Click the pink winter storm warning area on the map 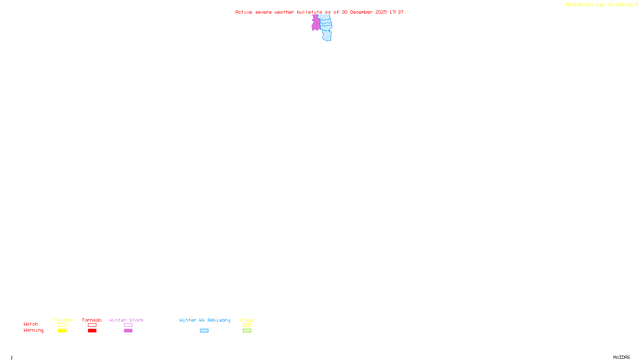tap(316, 24)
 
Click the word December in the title tap(361, 12)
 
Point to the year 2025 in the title tap(381, 12)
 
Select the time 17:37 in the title tap(396, 12)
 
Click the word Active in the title tap(244, 12)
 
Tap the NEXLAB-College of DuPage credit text tap(599, 5)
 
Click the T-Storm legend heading tap(62, 320)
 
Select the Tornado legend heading tap(92, 320)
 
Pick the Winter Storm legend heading tap(126, 320)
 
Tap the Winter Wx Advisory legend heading tap(205, 320)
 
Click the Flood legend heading tap(247, 320)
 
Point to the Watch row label tap(31, 324)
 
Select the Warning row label tap(33, 330)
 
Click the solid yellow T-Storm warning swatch tap(62, 331)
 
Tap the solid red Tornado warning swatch tap(92, 331)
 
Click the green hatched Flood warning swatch tap(247, 331)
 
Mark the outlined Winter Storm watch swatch tap(128, 325)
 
